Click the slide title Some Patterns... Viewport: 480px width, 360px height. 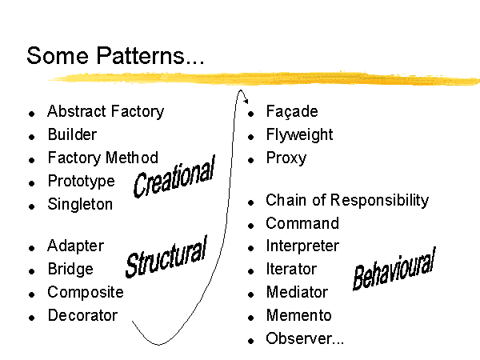tap(115, 55)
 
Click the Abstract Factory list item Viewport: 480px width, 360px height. tap(106, 111)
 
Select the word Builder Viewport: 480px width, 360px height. tap(72, 134)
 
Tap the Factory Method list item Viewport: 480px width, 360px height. tap(103, 158)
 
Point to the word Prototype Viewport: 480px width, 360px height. tap(81, 182)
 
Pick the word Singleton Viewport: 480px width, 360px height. tap(80, 204)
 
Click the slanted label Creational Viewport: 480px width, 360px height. tap(174, 176)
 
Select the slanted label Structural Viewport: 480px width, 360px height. tap(166, 257)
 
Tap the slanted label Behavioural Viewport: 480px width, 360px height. tap(394, 269)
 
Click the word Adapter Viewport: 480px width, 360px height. tap(76, 246)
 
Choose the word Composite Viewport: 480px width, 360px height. tap(86, 292)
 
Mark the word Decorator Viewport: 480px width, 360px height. tap(82, 315)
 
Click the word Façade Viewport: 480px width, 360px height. tap(292, 111)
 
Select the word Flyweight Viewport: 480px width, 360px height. tap(299, 134)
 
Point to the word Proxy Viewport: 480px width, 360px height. tap(286, 158)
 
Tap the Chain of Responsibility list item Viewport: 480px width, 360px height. tap(347, 201)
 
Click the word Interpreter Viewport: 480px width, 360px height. tap(302, 246)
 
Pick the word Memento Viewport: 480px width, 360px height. tap(298, 315)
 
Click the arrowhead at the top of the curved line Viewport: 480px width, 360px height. tap(246, 101)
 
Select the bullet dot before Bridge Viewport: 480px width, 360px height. tap(31, 271)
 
